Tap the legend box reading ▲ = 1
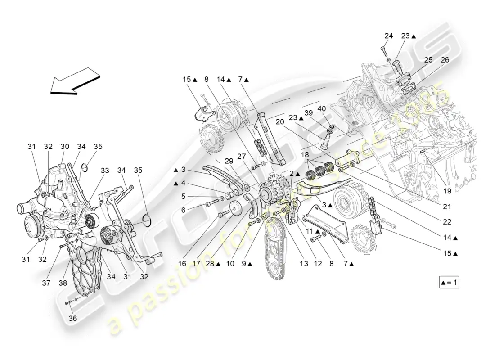point(450,283)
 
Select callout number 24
point(388,36)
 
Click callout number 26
point(445,60)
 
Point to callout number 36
point(72,318)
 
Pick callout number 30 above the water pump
point(65,146)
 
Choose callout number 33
point(104,171)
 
